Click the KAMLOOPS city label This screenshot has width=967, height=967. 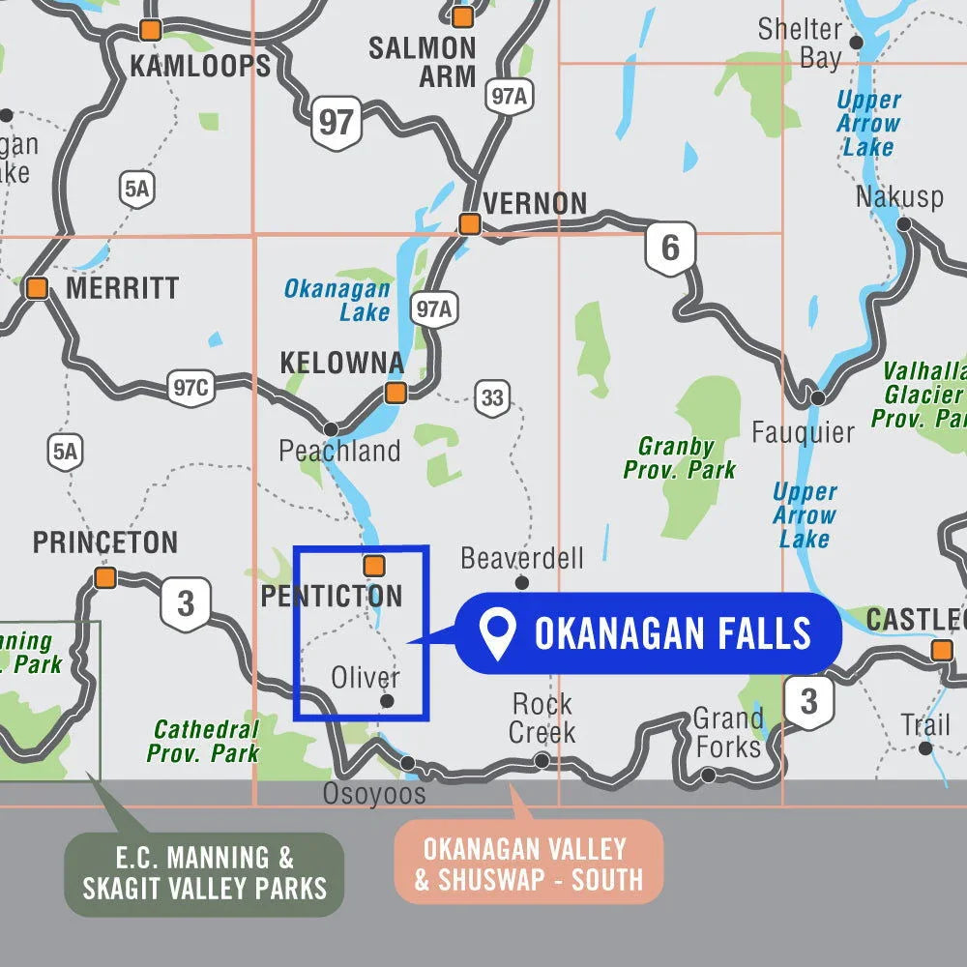click(200, 66)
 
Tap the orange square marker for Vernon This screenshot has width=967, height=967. click(470, 224)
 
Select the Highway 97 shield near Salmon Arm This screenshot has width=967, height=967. click(336, 123)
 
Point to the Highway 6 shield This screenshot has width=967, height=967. click(670, 248)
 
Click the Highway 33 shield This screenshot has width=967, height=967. click(492, 397)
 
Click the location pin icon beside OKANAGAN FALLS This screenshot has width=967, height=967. click(498, 634)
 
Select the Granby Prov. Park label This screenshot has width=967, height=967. click(679, 458)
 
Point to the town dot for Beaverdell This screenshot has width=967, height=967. click(522, 582)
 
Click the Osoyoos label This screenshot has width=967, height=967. click(374, 794)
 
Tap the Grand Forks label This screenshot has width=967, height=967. click(727, 732)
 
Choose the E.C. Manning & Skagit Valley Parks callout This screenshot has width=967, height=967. click(204, 872)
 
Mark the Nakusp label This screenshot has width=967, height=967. click(899, 197)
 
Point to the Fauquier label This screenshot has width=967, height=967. click(803, 432)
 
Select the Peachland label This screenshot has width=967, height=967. click(339, 451)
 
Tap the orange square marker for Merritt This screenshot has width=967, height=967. click(38, 288)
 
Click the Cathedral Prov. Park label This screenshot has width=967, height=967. click(206, 741)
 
